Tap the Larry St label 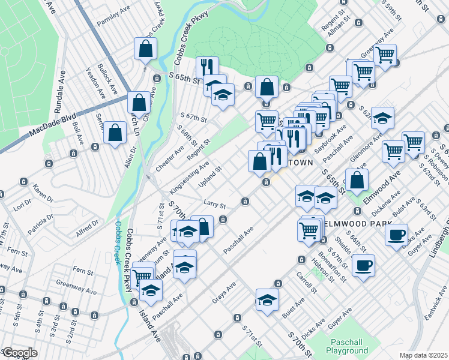[214, 205]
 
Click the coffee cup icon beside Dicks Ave [396, 235]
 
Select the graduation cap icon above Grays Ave [267, 301]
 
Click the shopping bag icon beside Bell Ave [115, 133]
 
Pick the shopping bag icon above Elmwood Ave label [357, 180]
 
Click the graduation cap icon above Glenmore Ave [382, 119]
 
